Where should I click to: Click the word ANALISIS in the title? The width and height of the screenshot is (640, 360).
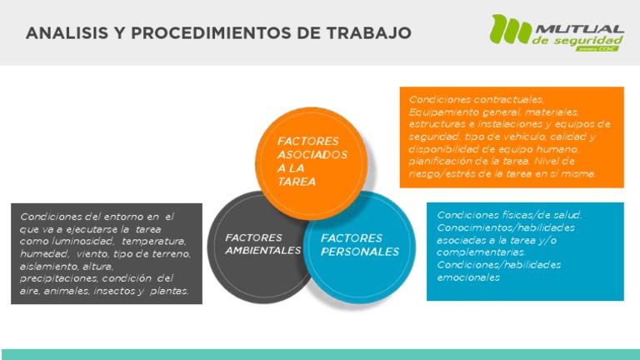click(62, 33)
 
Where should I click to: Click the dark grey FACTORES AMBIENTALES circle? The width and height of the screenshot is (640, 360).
click(250, 250)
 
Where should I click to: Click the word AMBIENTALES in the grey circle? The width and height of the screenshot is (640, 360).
click(262, 250)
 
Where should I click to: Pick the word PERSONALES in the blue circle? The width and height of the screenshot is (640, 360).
click(360, 251)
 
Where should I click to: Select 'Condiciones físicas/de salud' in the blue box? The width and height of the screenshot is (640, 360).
click(509, 215)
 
